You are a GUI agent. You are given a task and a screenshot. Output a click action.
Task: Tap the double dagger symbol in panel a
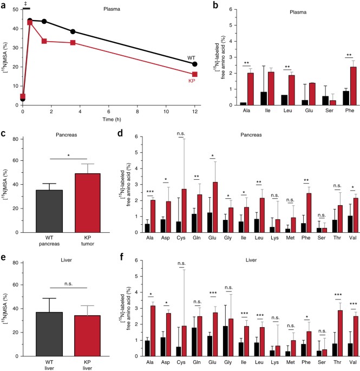(24, 4)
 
